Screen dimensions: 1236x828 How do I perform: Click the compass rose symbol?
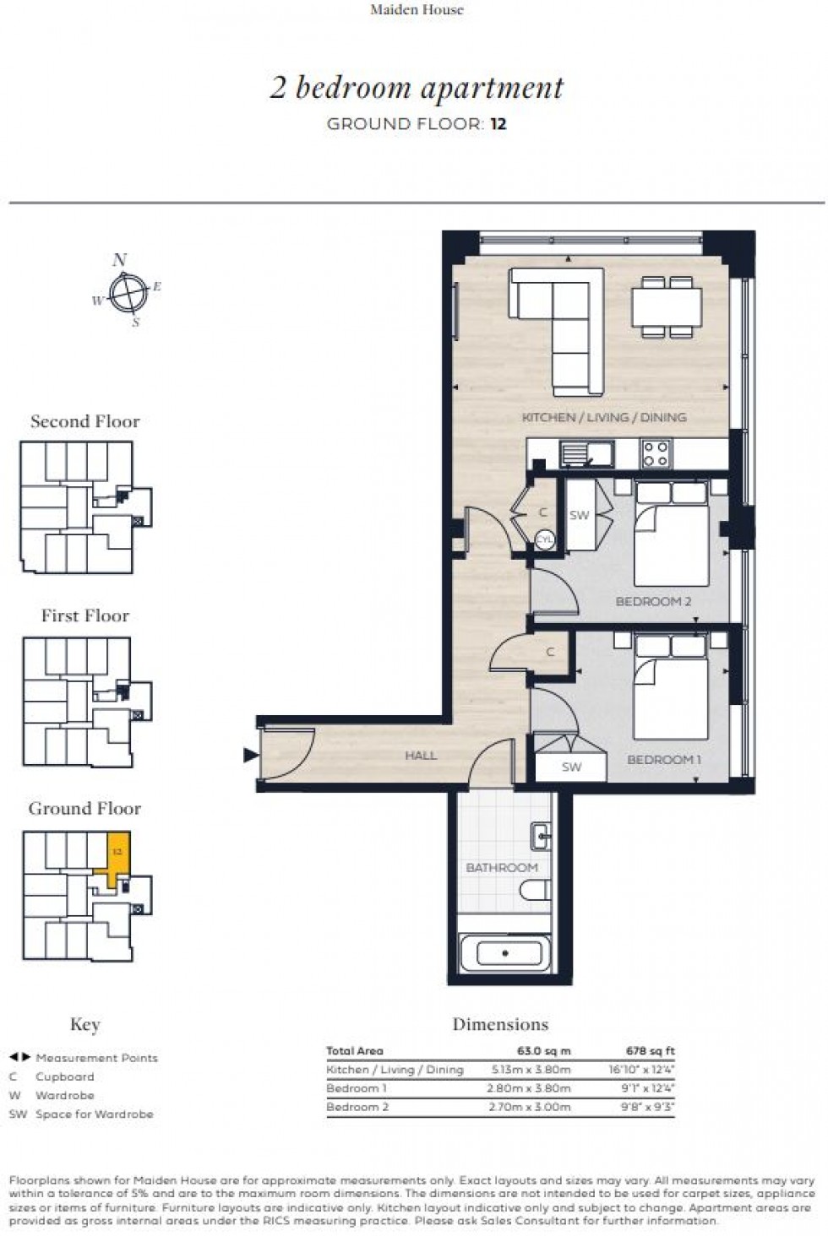[x=128, y=292]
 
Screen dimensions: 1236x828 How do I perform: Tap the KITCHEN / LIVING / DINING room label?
[x=603, y=417]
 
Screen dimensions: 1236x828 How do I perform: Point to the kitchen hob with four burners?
[x=656, y=453]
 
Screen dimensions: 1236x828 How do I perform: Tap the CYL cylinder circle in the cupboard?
[x=545, y=539]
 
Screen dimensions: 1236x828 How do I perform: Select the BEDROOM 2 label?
[x=653, y=601]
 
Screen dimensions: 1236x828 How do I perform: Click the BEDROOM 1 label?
[x=663, y=760]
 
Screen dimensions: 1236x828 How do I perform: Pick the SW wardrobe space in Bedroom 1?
[x=571, y=767]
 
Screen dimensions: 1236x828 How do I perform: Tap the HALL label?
[x=421, y=755]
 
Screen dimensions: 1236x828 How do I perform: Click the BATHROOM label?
[x=501, y=867]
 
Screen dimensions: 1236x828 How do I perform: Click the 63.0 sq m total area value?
[x=543, y=1051]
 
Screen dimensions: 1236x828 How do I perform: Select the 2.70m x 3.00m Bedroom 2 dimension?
[x=529, y=1107]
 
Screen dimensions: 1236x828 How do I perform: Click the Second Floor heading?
[x=84, y=421]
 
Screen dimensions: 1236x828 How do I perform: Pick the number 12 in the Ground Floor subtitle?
[x=498, y=124]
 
